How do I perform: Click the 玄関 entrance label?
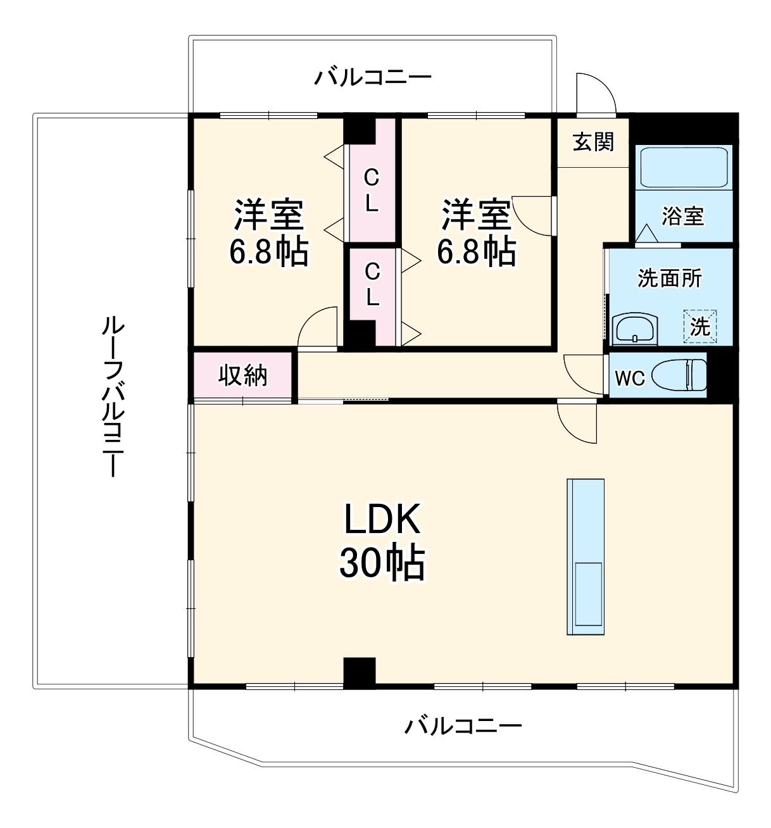coord(593,142)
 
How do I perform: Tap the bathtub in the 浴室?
coord(684,168)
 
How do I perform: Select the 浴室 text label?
coord(683,216)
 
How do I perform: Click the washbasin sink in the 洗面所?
coord(635,329)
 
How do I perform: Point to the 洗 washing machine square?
coord(700,326)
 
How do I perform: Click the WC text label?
coord(629,379)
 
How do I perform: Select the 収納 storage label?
coord(243,376)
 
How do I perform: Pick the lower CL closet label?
coord(372,284)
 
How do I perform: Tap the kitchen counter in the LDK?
coord(585,556)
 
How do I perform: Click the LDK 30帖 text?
coord(382,541)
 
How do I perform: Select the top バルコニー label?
coord(373,78)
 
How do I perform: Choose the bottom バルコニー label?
coord(463,725)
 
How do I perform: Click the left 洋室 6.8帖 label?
coord(268,233)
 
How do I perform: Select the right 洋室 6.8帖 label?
coord(476,233)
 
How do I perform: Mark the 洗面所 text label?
coord(669,278)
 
